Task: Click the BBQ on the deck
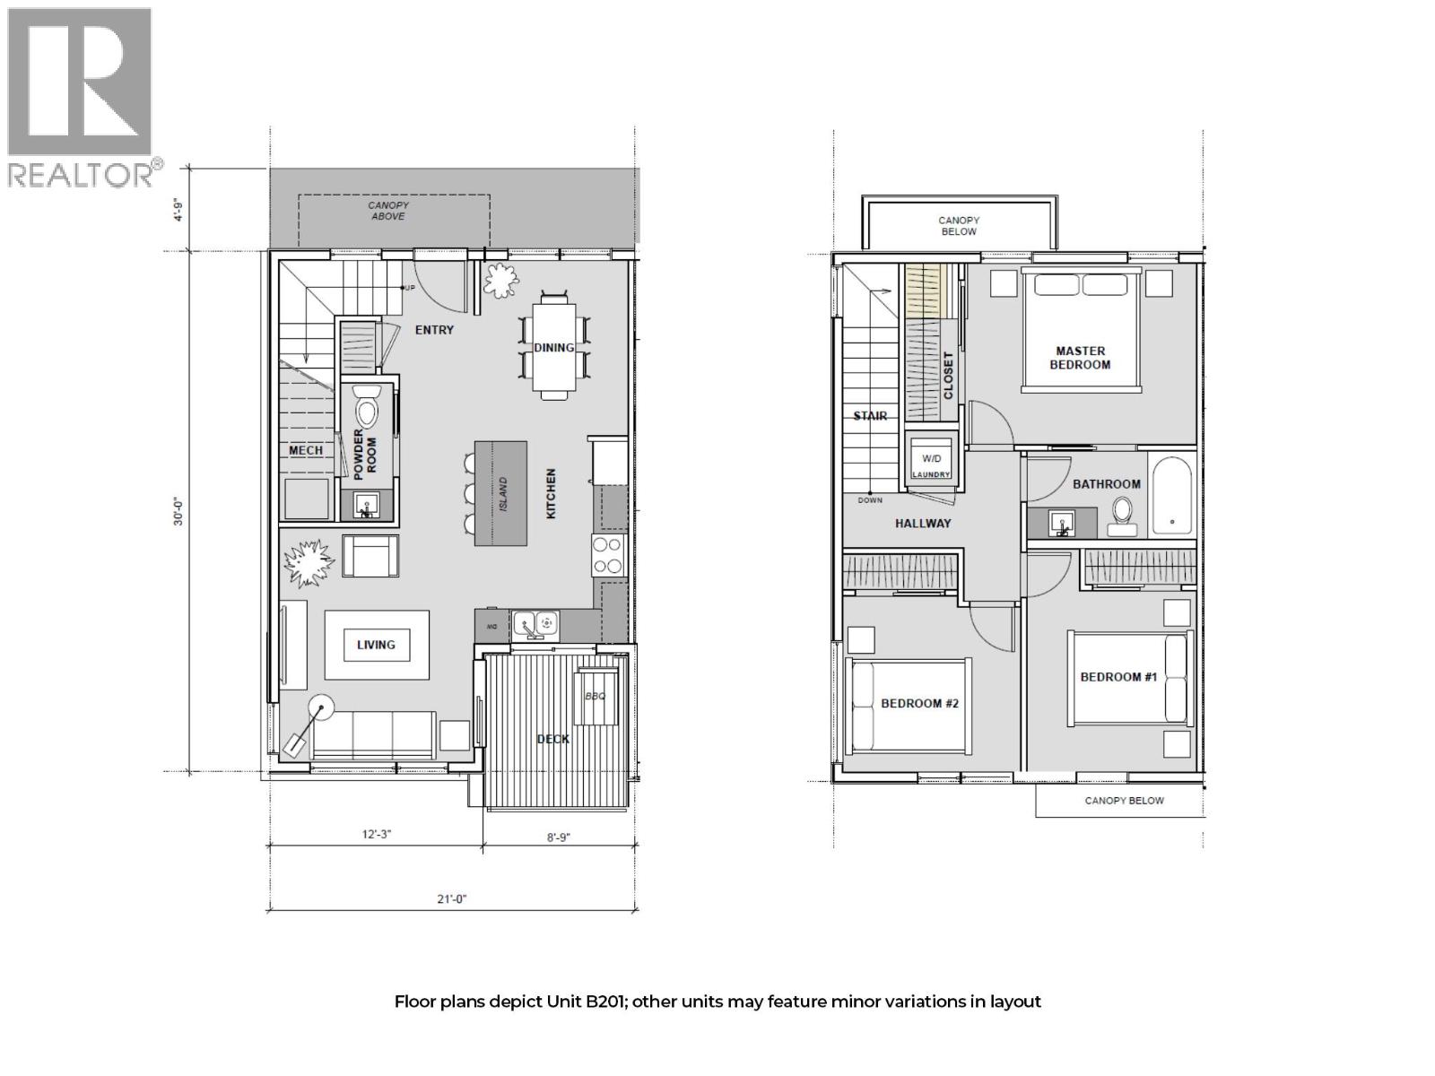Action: tap(596, 697)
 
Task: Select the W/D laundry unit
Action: tap(930, 460)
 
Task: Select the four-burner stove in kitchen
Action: tap(607, 555)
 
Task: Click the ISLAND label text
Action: tap(503, 494)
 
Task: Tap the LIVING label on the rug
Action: tap(376, 645)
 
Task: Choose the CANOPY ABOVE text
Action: tap(388, 211)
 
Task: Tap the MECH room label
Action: tap(305, 450)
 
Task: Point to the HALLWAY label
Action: tap(922, 523)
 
